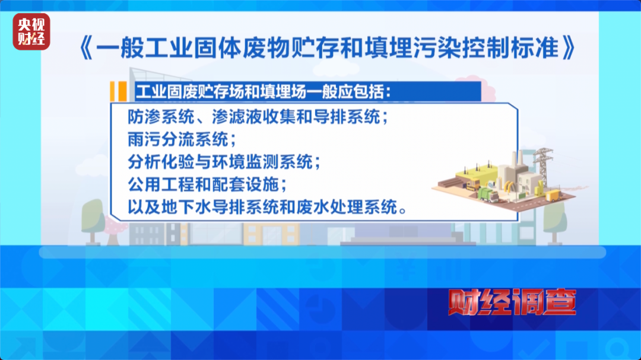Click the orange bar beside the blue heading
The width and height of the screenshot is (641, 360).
(118, 92)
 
